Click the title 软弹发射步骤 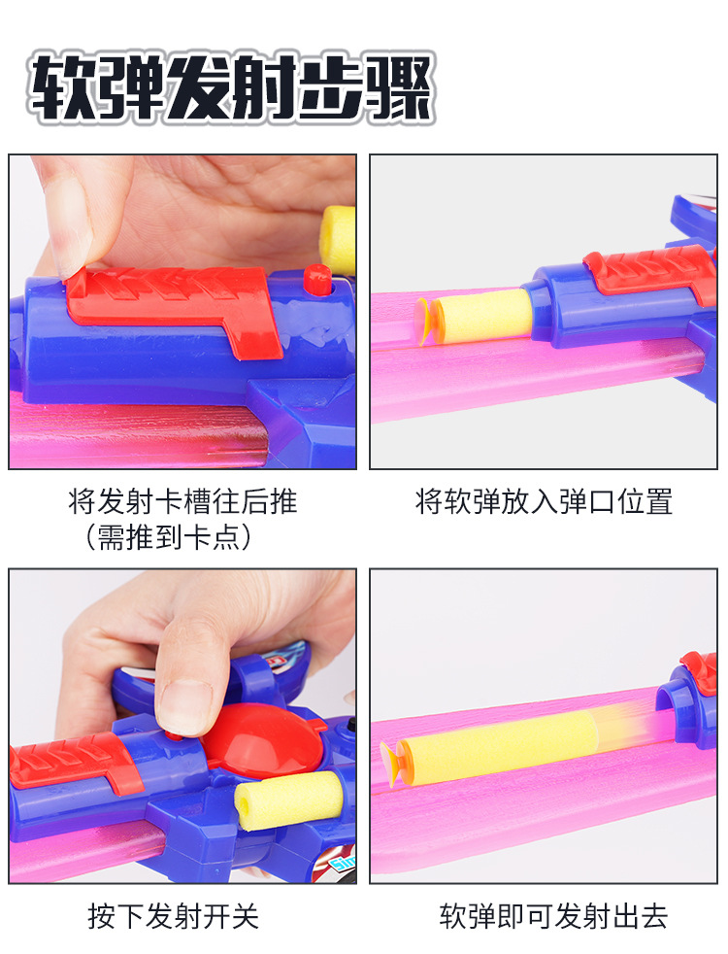pyautogui.click(x=231, y=88)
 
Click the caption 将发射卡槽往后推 pyautogui.click(x=182, y=502)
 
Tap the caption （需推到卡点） pyautogui.click(x=169, y=538)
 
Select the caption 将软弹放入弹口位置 pyautogui.click(x=544, y=502)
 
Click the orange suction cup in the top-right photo pyautogui.click(x=427, y=320)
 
